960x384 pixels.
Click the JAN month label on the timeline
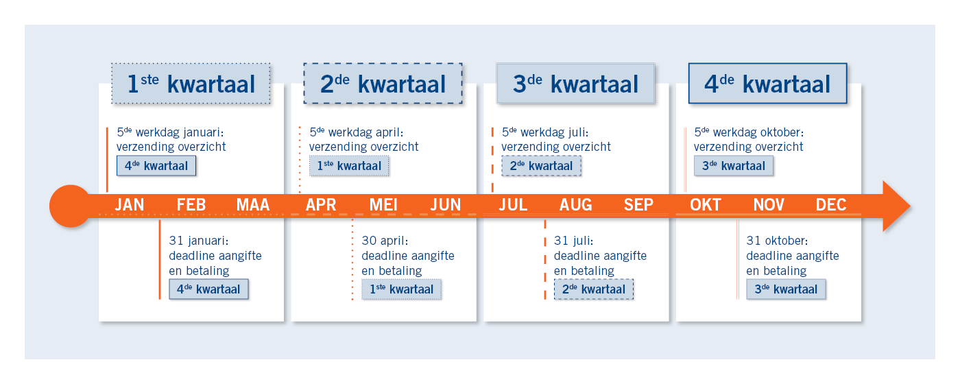(x=130, y=205)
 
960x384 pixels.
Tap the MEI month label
(x=383, y=205)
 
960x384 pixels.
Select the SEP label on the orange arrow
(x=638, y=205)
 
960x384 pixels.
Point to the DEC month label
(x=831, y=205)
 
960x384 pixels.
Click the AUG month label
(x=575, y=205)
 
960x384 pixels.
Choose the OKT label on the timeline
(x=706, y=205)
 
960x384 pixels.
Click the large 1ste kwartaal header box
(x=191, y=84)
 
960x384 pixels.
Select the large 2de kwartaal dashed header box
(x=383, y=84)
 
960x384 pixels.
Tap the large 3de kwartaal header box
(x=575, y=84)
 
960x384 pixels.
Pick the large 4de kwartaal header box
(x=768, y=84)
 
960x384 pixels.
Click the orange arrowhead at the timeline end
(x=896, y=206)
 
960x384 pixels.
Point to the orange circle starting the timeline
(x=71, y=206)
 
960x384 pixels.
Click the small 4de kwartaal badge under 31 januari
(x=208, y=289)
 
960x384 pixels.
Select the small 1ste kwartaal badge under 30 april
(x=402, y=289)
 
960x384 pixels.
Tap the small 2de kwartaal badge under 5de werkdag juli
(x=541, y=166)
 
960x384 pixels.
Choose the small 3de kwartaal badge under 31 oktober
(x=786, y=289)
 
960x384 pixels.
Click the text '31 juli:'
(x=573, y=241)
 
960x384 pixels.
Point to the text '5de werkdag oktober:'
(x=749, y=132)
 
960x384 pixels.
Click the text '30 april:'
(x=385, y=241)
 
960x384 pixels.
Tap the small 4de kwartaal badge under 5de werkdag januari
(x=156, y=166)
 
